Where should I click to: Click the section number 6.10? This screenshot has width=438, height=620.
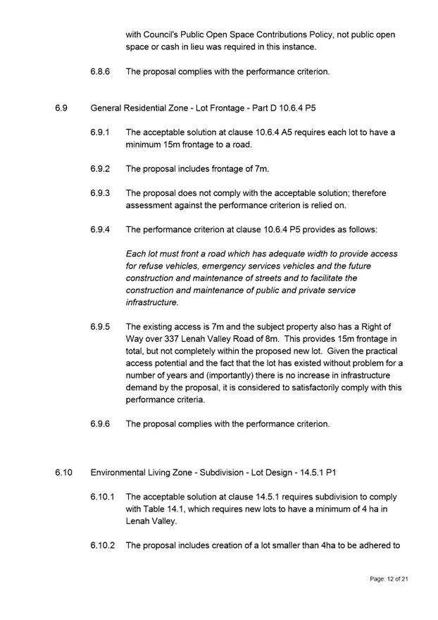pos(63,472)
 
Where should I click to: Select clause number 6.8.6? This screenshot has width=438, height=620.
pos(99,71)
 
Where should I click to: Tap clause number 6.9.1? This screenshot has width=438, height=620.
pos(99,132)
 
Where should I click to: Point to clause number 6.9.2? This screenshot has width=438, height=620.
pos(99,168)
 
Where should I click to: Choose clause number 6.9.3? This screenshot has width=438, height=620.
pos(99,193)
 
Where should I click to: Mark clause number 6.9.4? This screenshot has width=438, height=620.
pos(99,230)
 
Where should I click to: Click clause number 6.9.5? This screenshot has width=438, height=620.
pos(99,327)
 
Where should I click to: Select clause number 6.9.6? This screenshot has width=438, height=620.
pos(99,424)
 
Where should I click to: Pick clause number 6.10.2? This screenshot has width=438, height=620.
pos(102,545)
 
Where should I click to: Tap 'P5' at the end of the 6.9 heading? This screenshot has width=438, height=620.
pos(339,107)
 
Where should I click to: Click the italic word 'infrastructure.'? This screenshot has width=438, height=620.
pos(152,303)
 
